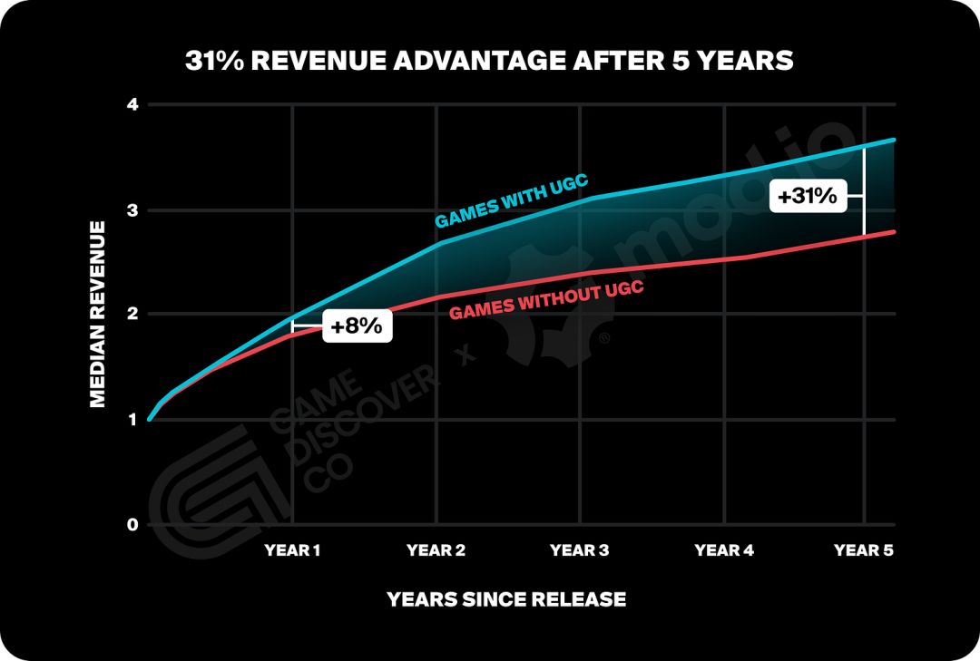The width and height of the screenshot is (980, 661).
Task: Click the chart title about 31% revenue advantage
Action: [489, 61]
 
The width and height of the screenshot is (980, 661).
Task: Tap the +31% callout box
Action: [807, 195]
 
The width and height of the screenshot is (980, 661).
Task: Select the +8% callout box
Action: [357, 326]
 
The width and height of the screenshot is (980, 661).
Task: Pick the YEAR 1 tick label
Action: [292, 550]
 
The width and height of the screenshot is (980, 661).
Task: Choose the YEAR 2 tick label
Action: [436, 550]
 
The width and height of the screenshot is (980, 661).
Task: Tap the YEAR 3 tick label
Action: [580, 550]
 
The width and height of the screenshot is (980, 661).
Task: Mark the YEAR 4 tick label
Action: [723, 550]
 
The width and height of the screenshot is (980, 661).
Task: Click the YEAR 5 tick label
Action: [864, 550]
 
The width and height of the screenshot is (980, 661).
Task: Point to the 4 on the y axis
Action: [132, 105]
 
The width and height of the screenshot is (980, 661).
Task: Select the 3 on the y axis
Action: [132, 210]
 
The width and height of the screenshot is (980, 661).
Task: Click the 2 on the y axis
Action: [132, 315]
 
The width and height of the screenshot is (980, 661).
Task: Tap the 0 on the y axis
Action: [132, 524]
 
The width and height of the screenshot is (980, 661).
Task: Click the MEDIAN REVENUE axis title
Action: [98, 315]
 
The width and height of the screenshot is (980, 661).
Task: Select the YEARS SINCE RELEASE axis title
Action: [506, 599]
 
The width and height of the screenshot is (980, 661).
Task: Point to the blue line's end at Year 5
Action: [895, 140]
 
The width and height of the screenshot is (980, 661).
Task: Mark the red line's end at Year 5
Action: [895, 232]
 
